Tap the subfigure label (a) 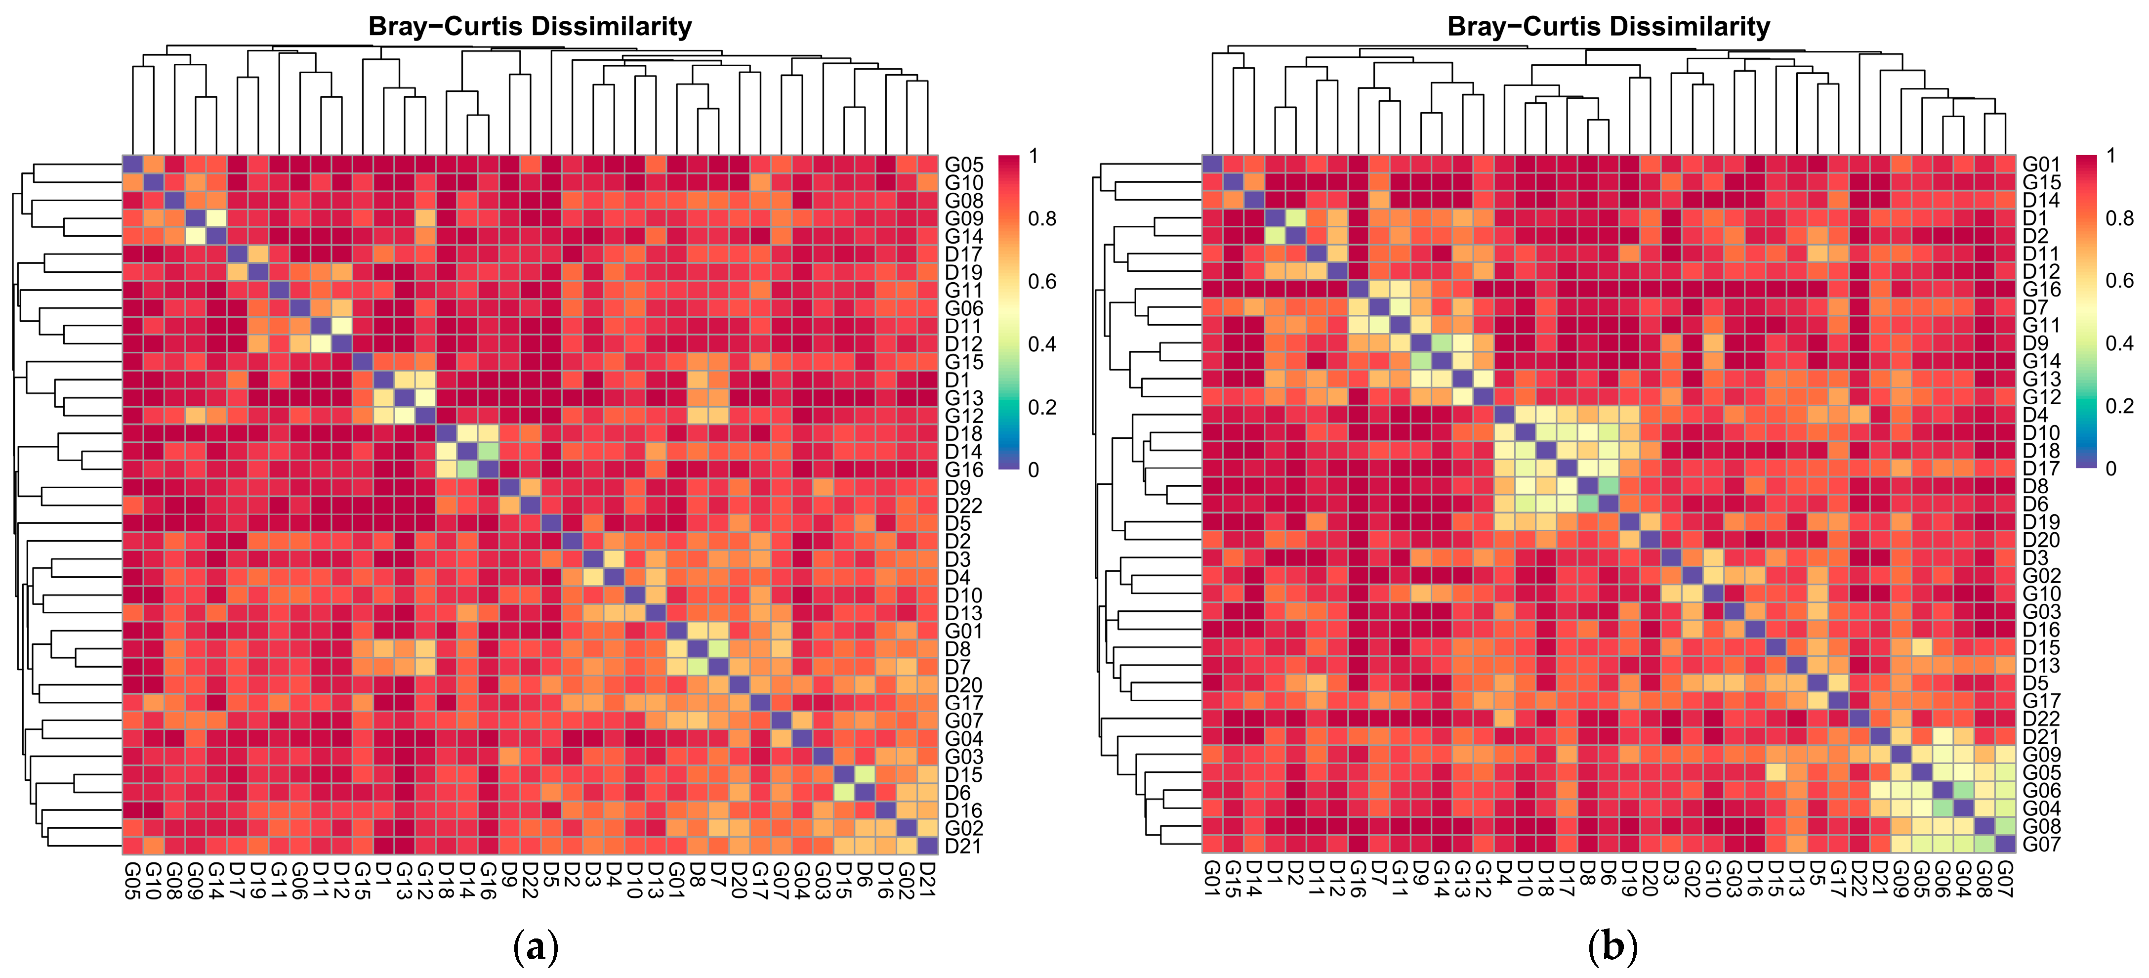coord(534,948)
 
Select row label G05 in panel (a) coord(963,165)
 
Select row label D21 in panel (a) coord(963,846)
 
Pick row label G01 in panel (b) coord(2041,165)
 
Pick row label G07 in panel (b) coord(2041,845)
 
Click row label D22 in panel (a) coord(963,506)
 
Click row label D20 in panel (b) coord(2041,540)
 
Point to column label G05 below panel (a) coord(132,880)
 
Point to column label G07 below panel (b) coord(2005,880)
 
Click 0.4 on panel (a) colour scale coord(1042,344)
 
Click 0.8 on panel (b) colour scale coord(2120,218)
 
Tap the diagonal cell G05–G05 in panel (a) coord(132,165)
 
